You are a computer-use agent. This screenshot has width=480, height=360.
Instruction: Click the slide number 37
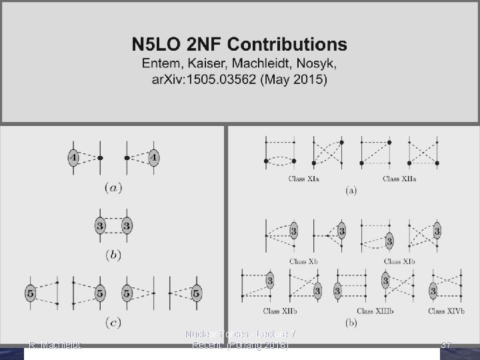447,345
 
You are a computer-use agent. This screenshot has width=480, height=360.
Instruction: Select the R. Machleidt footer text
55,345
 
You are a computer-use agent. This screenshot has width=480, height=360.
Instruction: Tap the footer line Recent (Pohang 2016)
240,345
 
